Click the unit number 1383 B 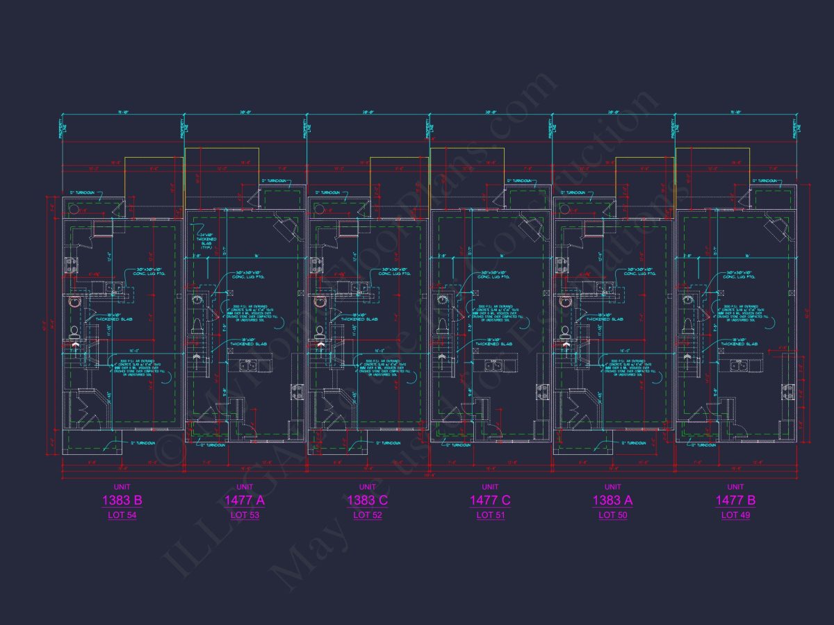tap(122, 500)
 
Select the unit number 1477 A tap(245, 500)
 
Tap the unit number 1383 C tap(367, 500)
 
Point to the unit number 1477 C tap(490, 500)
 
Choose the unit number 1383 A tap(612, 500)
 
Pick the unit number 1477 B tap(735, 500)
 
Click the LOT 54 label tap(122, 515)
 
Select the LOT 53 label tap(245, 515)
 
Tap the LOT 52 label tap(367, 515)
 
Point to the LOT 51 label tap(490, 515)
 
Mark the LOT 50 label tap(612, 515)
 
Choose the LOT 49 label tap(735, 515)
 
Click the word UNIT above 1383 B tap(122, 487)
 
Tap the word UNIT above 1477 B tap(735, 487)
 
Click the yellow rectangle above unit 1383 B tap(154, 174)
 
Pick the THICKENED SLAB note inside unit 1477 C tap(493, 343)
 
